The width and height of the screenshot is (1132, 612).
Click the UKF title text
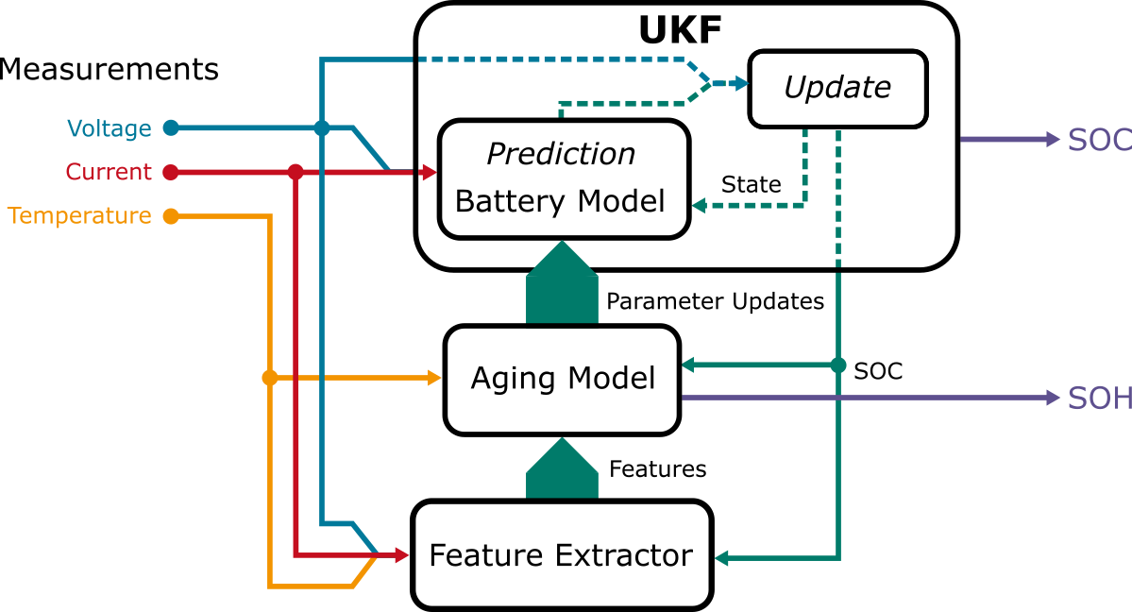click(x=680, y=30)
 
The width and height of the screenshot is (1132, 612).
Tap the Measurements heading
click(x=109, y=70)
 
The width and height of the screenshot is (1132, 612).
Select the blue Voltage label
click(x=109, y=128)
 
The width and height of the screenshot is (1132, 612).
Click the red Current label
click(x=108, y=172)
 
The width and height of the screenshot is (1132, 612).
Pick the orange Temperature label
click(x=79, y=216)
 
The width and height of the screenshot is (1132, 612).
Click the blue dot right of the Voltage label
click(x=171, y=127)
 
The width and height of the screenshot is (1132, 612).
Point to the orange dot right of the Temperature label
click(x=171, y=216)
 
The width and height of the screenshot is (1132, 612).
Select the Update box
click(x=837, y=88)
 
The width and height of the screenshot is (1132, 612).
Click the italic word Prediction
click(x=561, y=153)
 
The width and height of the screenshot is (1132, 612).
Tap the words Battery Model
click(x=561, y=201)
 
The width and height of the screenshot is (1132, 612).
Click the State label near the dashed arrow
click(x=751, y=184)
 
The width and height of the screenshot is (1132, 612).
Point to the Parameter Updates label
click(x=715, y=301)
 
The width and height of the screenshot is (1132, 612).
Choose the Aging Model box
click(x=563, y=379)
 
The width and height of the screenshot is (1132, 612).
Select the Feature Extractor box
click(x=561, y=554)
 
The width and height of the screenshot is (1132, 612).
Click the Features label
click(x=657, y=468)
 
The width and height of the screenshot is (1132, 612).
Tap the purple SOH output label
click(x=1099, y=399)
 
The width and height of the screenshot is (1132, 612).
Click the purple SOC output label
click(x=1099, y=140)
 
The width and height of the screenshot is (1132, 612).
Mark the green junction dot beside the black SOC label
click(x=838, y=365)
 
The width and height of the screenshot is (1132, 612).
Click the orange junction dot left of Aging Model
click(x=270, y=378)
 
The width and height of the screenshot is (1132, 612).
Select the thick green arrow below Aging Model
click(x=562, y=469)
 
